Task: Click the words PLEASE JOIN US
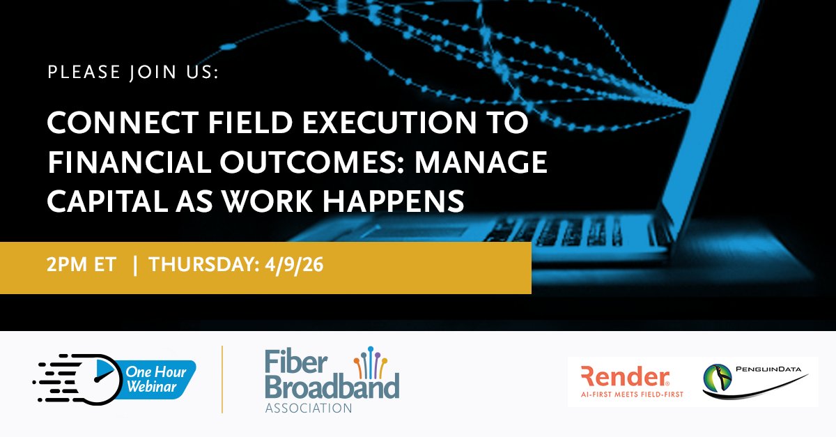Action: pyautogui.click(x=132, y=72)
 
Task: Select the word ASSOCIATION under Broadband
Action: pyautogui.click(x=308, y=407)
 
